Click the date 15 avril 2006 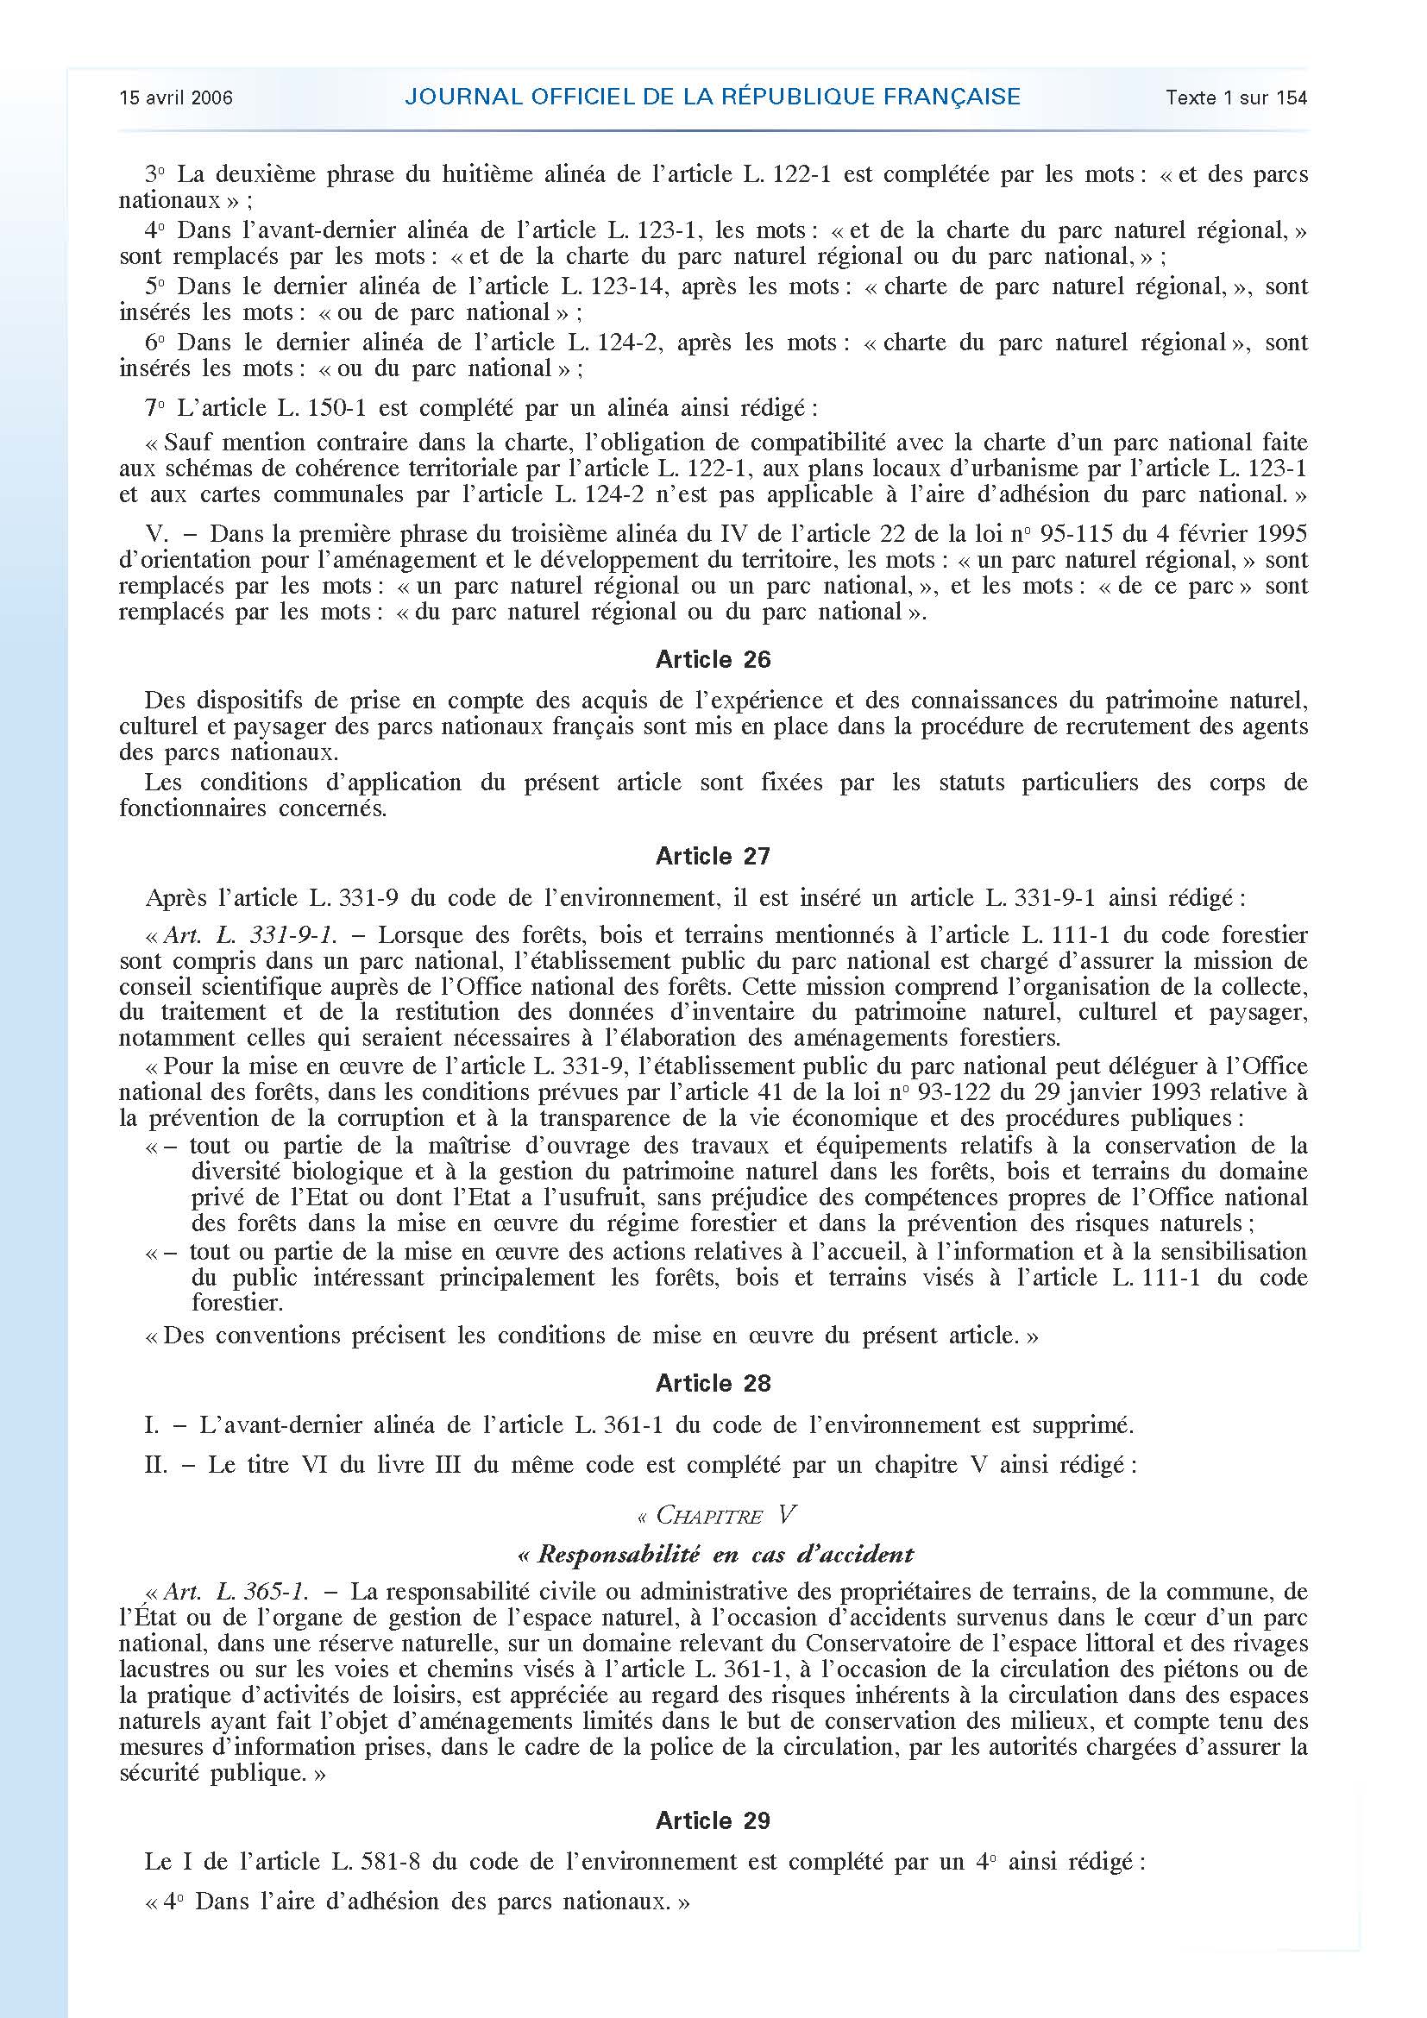(x=176, y=97)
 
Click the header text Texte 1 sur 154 (x=1236, y=97)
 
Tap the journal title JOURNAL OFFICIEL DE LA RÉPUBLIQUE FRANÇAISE (x=713, y=97)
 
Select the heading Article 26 (x=713, y=659)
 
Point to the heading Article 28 (x=713, y=1382)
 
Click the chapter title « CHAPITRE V (x=713, y=1514)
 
